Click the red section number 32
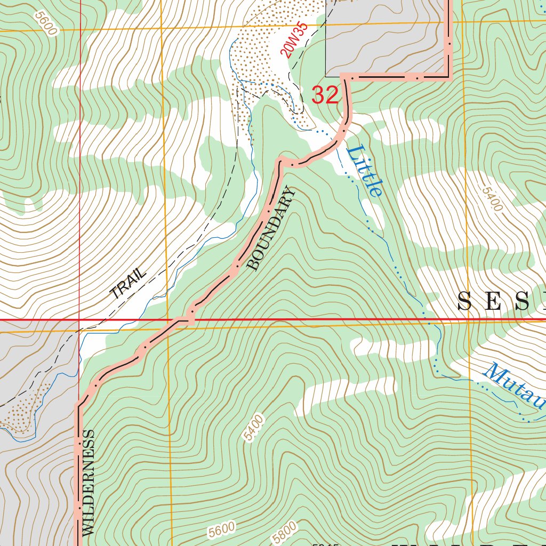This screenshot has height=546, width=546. coord(325,95)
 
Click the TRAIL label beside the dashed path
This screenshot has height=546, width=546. coord(127,283)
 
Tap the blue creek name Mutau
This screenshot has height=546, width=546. coord(515,387)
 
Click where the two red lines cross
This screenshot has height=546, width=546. coord(79,320)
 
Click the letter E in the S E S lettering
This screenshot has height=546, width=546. coord(496,302)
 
